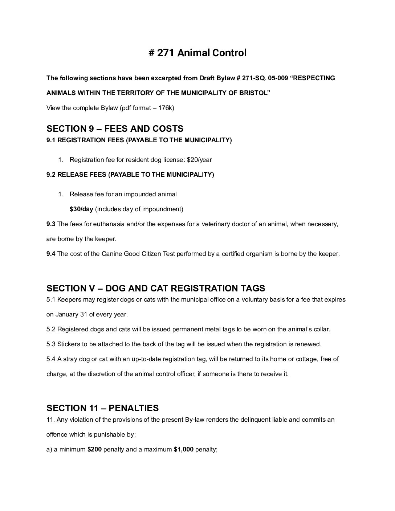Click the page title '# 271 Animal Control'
[197, 53]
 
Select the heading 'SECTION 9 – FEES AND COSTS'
[115, 128]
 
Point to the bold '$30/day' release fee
[81, 209]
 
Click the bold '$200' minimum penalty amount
[94, 449]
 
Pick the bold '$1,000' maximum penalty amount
[183, 449]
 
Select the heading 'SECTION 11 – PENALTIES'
[102, 408]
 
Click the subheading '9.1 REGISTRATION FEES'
[85, 140]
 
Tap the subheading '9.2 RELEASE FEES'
[77, 175]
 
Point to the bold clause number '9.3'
[51, 224]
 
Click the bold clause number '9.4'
[51, 254]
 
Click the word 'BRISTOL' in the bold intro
[254, 93]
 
